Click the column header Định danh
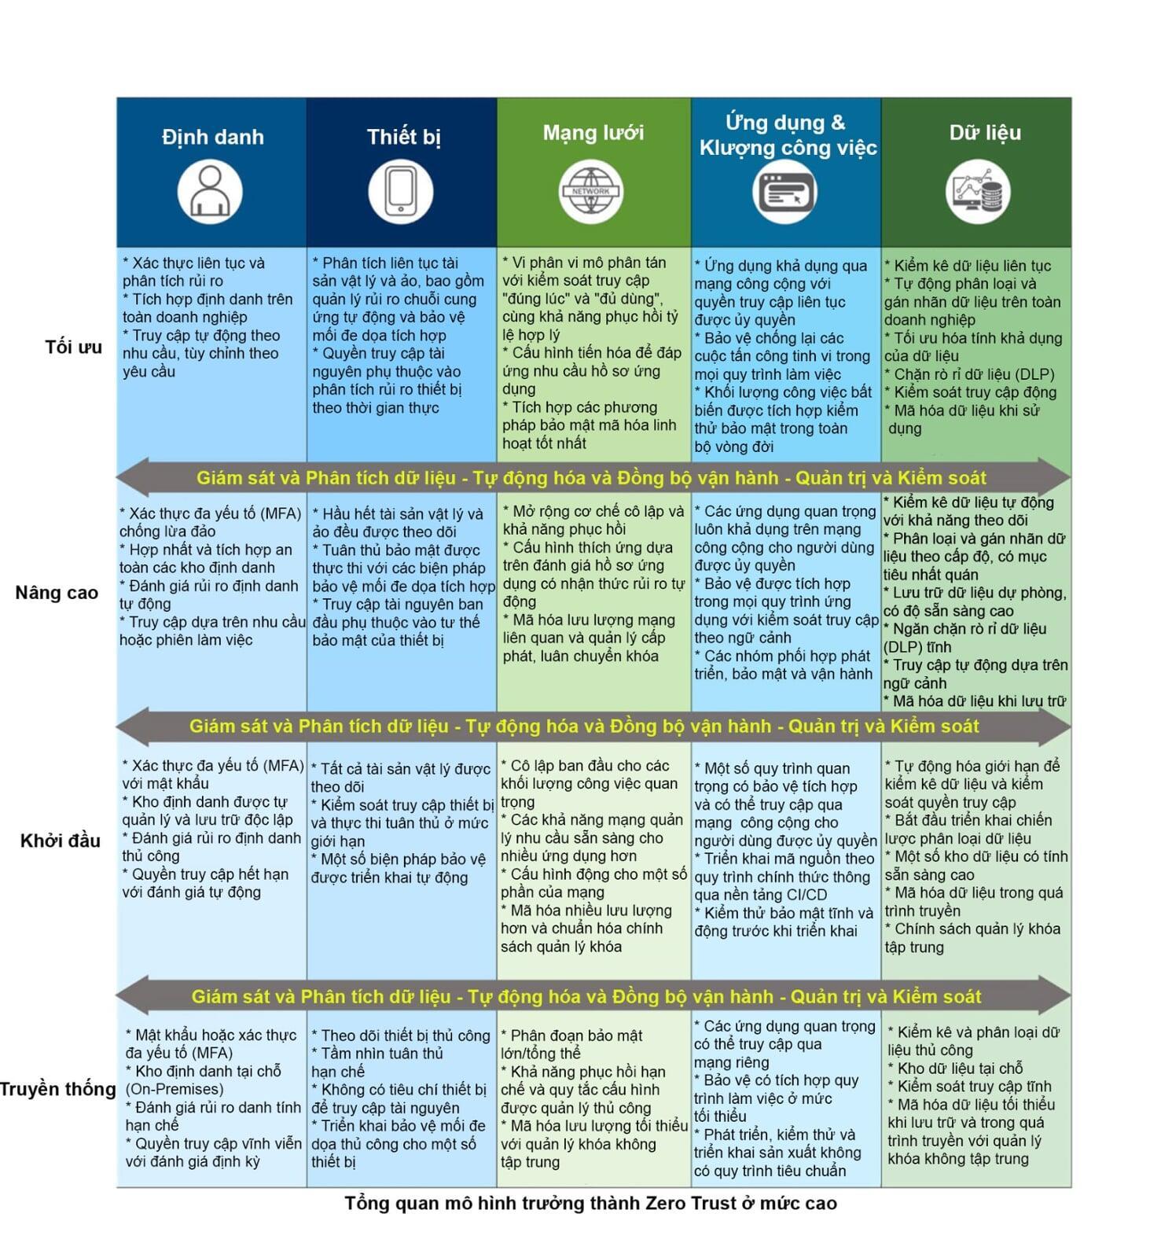pyautogui.click(x=212, y=137)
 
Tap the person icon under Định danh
pyautogui.click(x=209, y=192)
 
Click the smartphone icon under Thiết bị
pyautogui.click(x=401, y=192)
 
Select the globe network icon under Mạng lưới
pyautogui.click(x=591, y=192)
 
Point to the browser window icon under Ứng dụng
pyautogui.click(x=784, y=192)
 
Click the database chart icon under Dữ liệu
pyautogui.click(x=978, y=192)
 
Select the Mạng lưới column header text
pyautogui.click(x=593, y=132)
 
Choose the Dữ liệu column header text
pyautogui.click(x=985, y=132)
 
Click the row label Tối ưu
pyautogui.click(x=74, y=347)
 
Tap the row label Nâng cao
pyautogui.click(x=57, y=593)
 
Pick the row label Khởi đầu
pyautogui.click(x=61, y=841)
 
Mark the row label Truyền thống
pyautogui.click(x=58, y=1089)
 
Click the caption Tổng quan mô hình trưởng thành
pyautogui.click(x=590, y=1203)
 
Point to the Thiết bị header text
pyautogui.click(x=403, y=137)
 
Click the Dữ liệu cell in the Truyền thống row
pyautogui.click(x=976, y=1098)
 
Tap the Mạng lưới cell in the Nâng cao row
pyautogui.click(x=593, y=601)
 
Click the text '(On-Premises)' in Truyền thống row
pyautogui.click(x=175, y=1089)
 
